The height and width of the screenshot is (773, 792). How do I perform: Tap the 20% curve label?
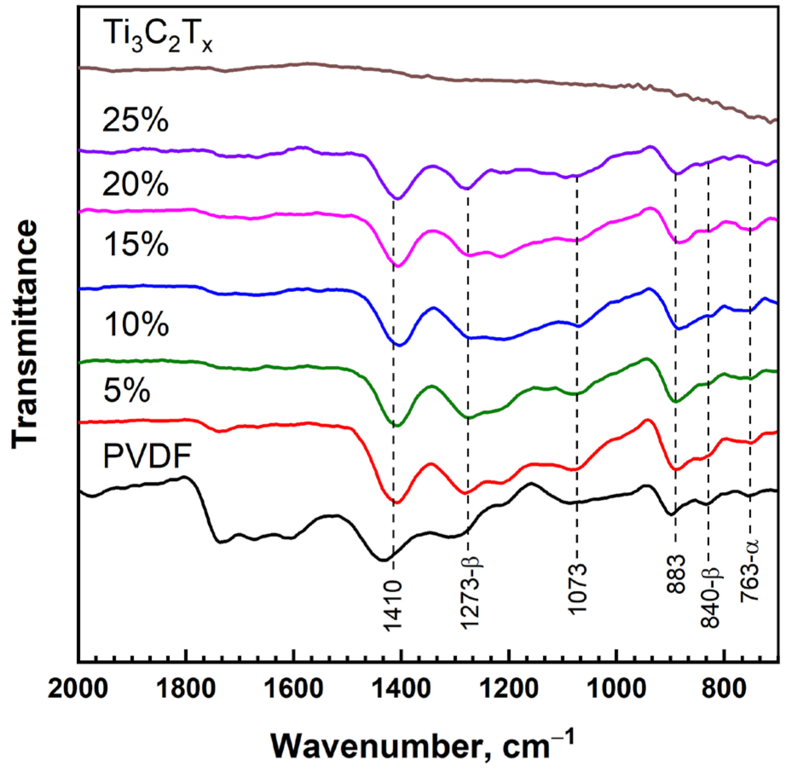pyautogui.click(x=135, y=184)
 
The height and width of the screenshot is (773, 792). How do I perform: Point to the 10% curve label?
pyautogui.click(x=135, y=324)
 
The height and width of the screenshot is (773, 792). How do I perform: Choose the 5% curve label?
pyautogui.click(x=127, y=390)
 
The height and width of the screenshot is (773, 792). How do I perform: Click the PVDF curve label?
pyautogui.click(x=147, y=456)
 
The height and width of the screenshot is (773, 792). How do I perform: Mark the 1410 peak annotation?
pyautogui.click(x=392, y=605)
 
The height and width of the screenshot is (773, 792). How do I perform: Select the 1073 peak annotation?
pyautogui.click(x=578, y=588)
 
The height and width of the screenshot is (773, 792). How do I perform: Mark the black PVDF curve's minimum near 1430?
pyautogui.click(x=383, y=560)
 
